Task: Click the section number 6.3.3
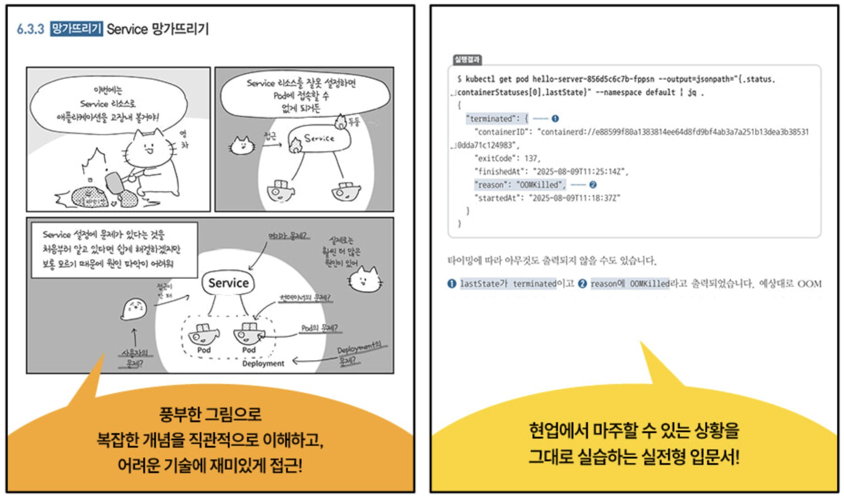pyautogui.click(x=30, y=30)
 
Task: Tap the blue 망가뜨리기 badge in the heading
pyautogui.click(x=76, y=29)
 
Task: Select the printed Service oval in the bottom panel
pyautogui.click(x=228, y=283)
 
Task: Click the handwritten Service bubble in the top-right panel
pyautogui.click(x=319, y=139)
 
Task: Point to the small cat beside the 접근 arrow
pyautogui.click(x=241, y=145)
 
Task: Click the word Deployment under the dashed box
pyautogui.click(x=263, y=364)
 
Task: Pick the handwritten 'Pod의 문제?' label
pyautogui.click(x=319, y=328)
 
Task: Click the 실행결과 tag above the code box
pyautogui.click(x=467, y=60)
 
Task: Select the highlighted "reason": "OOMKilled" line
pyautogui.click(x=519, y=185)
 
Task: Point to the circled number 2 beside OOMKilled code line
pyautogui.click(x=593, y=185)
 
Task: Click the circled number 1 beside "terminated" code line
pyautogui.click(x=555, y=119)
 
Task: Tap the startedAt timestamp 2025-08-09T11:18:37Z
pyautogui.click(x=576, y=198)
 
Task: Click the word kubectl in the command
pyautogui.click(x=480, y=80)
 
